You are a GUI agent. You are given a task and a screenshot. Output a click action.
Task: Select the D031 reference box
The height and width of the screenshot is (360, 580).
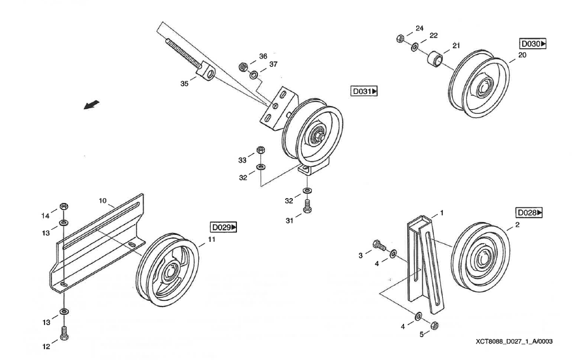(x=364, y=91)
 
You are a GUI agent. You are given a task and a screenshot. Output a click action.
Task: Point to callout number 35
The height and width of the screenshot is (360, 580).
(x=185, y=83)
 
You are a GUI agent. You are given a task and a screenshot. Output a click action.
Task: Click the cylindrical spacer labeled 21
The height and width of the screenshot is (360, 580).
(x=435, y=59)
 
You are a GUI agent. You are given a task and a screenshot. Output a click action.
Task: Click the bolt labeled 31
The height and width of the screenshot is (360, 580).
(x=307, y=206)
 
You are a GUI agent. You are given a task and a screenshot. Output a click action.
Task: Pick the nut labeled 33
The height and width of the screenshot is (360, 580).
(x=260, y=151)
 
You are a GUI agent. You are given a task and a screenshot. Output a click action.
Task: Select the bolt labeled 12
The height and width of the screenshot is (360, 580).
(x=64, y=331)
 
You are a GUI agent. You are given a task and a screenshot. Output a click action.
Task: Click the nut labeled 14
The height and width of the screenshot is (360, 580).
(x=64, y=207)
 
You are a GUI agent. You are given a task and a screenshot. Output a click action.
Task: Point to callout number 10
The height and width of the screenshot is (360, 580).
(x=102, y=200)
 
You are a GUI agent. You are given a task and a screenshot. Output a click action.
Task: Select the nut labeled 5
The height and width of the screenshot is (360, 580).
(x=435, y=326)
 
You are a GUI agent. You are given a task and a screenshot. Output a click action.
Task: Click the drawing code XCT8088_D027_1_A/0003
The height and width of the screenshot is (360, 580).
(x=513, y=341)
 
